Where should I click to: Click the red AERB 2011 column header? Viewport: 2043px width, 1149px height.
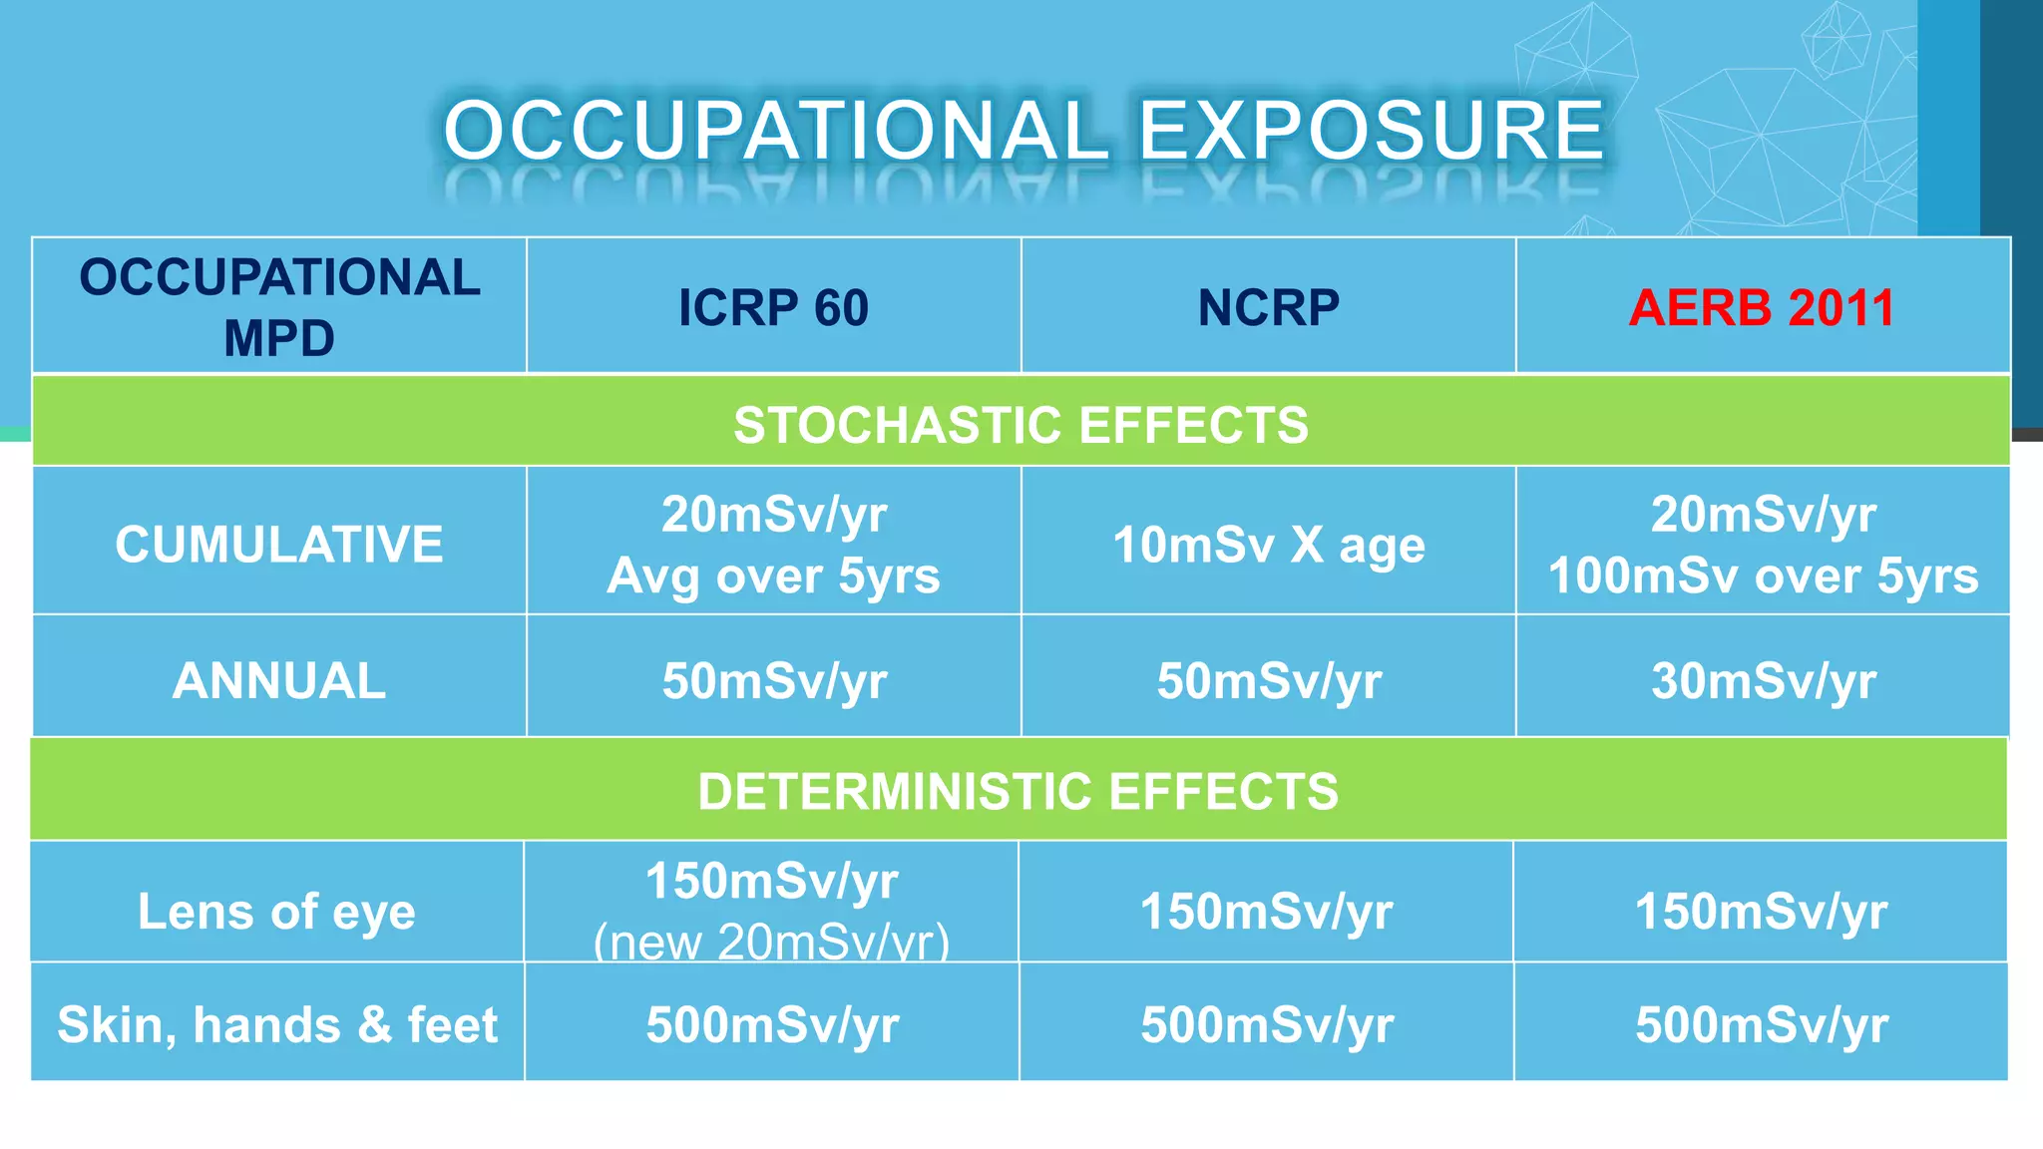pos(1762,307)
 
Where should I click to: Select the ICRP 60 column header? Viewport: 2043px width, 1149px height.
pos(773,307)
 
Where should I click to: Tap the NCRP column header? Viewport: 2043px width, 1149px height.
pos(1268,307)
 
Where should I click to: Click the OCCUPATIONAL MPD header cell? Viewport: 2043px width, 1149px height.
pos(279,307)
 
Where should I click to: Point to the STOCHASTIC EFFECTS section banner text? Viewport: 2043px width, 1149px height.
pos(1021,425)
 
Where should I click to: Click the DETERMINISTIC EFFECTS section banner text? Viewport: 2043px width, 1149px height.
pos(1018,792)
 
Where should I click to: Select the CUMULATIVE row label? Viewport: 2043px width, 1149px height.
pos(279,545)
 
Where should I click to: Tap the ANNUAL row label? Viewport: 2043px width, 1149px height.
pos(279,681)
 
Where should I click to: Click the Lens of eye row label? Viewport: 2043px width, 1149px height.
pos(276,912)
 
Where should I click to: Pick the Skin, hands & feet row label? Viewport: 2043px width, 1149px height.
pos(277,1025)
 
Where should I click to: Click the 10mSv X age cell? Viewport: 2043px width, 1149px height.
pos(1268,545)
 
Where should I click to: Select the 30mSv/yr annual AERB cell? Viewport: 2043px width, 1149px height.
pos(1763,681)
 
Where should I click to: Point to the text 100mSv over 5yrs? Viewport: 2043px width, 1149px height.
pos(1763,575)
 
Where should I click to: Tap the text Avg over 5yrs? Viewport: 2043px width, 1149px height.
pos(773,575)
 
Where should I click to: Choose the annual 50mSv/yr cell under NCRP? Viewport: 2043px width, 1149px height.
pos(1268,681)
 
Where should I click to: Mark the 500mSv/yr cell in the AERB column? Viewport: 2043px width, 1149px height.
pos(1761,1025)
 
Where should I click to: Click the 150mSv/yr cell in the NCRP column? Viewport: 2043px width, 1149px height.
pos(1266,912)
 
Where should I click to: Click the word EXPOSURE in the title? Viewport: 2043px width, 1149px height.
pos(1371,131)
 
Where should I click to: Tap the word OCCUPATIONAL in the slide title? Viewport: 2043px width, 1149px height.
pos(776,131)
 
